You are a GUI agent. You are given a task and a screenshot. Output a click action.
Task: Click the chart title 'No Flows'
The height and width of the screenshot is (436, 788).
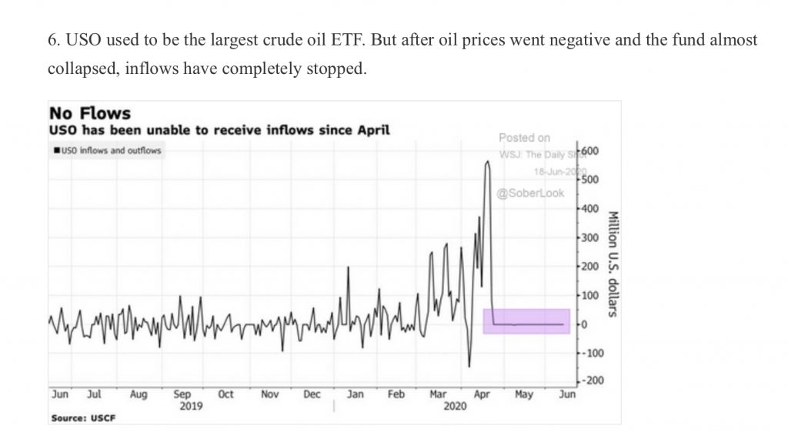tap(89, 114)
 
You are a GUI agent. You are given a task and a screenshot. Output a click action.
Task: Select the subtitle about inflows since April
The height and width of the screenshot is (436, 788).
tap(220, 130)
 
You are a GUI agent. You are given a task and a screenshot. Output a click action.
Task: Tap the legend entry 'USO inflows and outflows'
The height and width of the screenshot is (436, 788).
tap(108, 150)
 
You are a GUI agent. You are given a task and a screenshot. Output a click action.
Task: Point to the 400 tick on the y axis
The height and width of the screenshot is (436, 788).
tap(590, 209)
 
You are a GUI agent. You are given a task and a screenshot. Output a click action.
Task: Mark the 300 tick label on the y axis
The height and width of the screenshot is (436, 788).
tap(590, 237)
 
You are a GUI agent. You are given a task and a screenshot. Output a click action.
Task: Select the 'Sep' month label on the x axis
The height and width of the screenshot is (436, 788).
tap(182, 394)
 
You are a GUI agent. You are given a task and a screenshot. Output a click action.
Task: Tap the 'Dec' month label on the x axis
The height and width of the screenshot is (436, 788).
tap(312, 394)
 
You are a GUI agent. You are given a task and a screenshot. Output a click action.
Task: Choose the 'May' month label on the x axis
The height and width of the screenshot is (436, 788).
tap(523, 394)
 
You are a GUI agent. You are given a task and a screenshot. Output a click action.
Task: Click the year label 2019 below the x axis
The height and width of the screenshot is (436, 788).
tap(191, 406)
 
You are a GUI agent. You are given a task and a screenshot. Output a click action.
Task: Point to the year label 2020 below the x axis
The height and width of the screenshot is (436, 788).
tap(456, 406)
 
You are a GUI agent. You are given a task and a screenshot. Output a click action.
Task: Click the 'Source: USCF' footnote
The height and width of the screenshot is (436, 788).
tap(78, 418)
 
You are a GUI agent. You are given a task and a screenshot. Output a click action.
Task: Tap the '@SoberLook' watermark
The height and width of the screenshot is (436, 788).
tap(530, 193)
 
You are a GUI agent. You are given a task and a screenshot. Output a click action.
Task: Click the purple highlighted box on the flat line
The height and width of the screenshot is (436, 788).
tap(526, 321)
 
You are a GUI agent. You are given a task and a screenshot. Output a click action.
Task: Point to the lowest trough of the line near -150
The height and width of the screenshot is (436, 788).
tap(469, 367)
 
